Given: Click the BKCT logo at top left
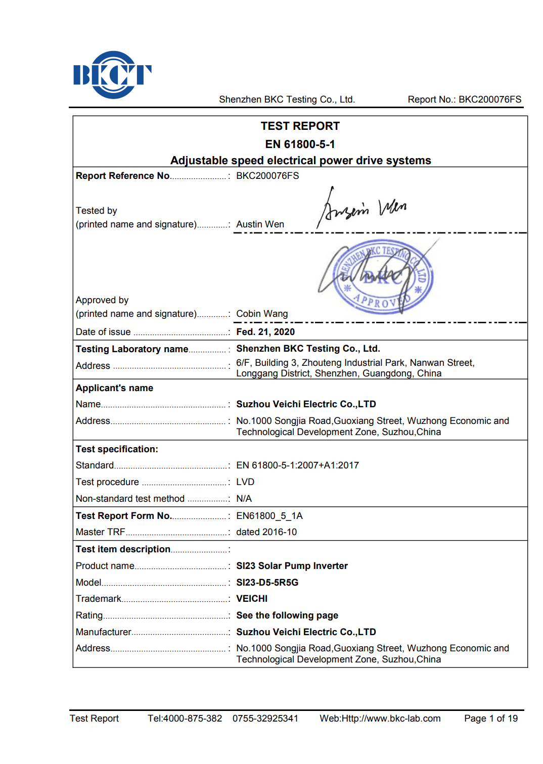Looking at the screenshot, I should (x=112, y=75).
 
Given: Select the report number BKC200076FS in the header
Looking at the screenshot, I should (x=489, y=100).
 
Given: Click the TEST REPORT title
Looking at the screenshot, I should (x=300, y=126).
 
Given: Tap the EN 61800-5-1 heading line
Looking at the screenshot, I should (x=300, y=145).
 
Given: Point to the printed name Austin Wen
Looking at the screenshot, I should (x=260, y=224).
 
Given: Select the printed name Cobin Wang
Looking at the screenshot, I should (x=262, y=314).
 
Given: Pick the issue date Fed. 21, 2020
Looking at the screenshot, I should (x=265, y=332).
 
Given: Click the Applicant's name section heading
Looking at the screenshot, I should (x=114, y=388).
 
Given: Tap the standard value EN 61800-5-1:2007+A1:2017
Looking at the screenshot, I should (x=297, y=465).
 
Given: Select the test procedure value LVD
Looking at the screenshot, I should (x=245, y=482).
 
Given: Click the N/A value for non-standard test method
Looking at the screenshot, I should (x=244, y=499).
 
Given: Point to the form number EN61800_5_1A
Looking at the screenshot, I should (x=269, y=516).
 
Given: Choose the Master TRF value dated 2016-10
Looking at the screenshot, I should (x=266, y=532).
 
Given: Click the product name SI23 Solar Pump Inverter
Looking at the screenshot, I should (x=292, y=566).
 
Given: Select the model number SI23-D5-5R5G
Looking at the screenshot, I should (x=267, y=583).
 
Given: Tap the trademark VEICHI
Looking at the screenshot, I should (x=252, y=599).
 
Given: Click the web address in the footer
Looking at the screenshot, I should (x=380, y=719).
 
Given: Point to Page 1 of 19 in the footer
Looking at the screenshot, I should (x=490, y=719).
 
